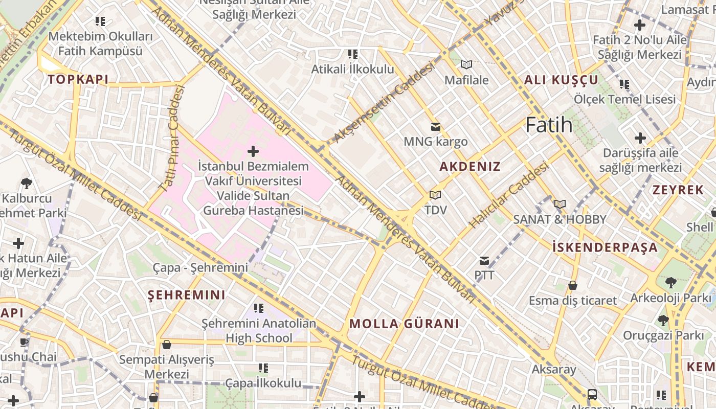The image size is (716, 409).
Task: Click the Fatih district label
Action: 549,125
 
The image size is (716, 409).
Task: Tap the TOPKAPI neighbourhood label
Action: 78,79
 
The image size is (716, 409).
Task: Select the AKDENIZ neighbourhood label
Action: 470,167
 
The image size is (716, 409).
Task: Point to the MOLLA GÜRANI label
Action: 404,324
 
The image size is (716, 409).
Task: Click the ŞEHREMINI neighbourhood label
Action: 186,295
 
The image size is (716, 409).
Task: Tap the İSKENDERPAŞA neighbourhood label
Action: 605,247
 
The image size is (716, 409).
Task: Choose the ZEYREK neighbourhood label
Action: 678,190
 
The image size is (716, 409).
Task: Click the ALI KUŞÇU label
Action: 561,80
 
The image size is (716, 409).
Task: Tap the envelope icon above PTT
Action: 484,261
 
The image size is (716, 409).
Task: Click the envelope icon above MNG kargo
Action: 436,127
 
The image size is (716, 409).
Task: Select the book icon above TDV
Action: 435,195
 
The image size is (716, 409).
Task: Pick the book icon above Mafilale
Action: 466,65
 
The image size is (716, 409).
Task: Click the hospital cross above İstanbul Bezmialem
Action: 253,151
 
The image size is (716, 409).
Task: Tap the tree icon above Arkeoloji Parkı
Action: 670,283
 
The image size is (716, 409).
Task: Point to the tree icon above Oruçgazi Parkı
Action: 663,321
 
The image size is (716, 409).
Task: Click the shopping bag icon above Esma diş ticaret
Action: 573,285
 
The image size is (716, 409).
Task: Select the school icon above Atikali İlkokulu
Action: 352,54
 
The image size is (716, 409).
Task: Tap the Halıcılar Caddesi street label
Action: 508,195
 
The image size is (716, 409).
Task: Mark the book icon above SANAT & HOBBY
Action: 560,204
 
